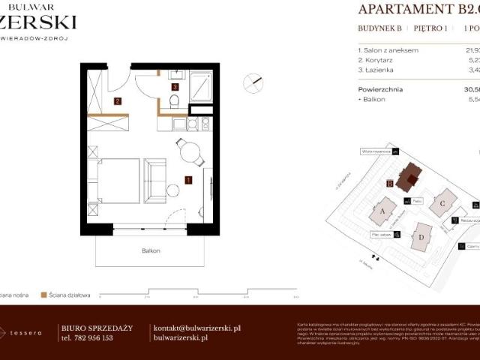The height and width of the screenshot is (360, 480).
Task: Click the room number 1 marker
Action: pos(188,179)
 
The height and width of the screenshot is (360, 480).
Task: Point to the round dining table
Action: pos(188,152)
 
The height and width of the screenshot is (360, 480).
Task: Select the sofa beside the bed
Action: pos(155,180)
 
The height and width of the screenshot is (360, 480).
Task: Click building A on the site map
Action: pos(383,211)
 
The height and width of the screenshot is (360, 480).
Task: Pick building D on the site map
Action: pos(421,238)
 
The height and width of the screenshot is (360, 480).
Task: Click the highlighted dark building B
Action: pos(409,179)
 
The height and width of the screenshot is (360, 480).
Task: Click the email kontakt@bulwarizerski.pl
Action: pos(196,328)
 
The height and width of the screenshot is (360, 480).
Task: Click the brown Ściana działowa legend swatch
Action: pos(44,295)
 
